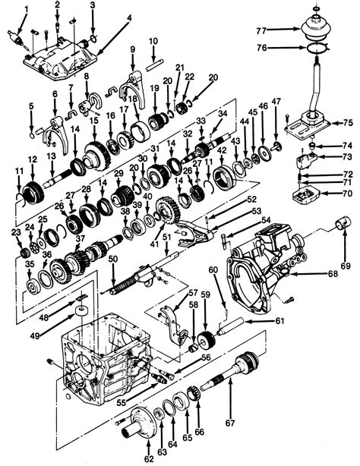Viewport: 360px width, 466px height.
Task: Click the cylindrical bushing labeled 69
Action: pyautogui.click(x=340, y=225)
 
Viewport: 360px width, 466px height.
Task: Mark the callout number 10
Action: pyautogui.click(x=153, y=40)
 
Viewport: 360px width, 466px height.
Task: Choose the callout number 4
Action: pyautogui.click(x=128, y=16)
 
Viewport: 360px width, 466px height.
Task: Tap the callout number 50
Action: pyautogui.click(x=112, y=260)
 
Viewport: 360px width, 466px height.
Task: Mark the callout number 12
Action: pyautogui.click(x=32, y=159)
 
